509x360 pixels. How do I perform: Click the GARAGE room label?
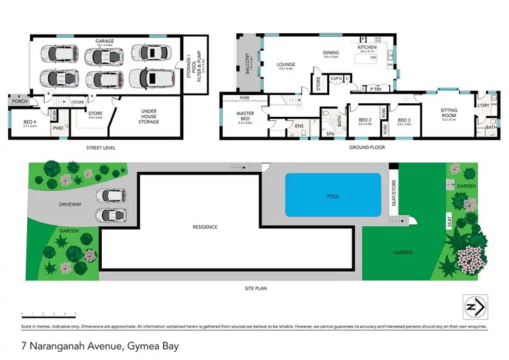(104, 41)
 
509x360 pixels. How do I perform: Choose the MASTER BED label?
(244, 115)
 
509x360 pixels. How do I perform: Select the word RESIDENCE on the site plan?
(204, 227)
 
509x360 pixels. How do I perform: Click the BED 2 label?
(365, 121)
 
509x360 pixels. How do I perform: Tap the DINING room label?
(331, 53)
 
